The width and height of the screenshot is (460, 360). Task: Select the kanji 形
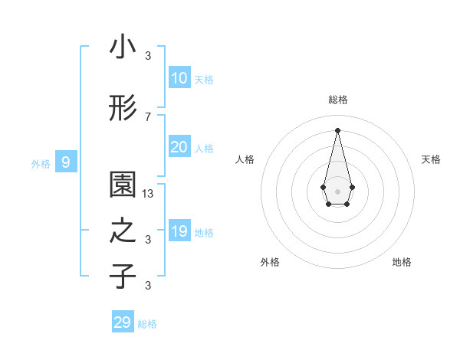click(x=123, y=109)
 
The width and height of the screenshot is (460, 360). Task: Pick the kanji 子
click(x=123, y=276)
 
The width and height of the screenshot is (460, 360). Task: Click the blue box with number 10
click(x=179, y=78)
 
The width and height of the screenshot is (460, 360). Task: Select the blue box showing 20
click(x=179, y=147)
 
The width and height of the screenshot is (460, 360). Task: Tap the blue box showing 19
click(x=179, y=231)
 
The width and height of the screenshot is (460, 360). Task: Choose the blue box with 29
click(x=123, y=322)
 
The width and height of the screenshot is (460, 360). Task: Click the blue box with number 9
click(x=66, y=162)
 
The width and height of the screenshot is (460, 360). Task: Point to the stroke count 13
click(x=148, y=194)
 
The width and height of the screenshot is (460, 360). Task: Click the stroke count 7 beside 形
click(x=148, y=116)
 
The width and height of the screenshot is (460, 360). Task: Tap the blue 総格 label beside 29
click(x=147, y=323)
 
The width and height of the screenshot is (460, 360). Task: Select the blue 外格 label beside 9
click(x=40, y=163)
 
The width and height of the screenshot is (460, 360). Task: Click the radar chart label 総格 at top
click(x=337, y=100)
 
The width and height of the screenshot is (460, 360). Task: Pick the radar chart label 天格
click(x=431, y=159)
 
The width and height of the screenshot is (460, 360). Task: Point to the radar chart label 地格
click(x=402, y=262)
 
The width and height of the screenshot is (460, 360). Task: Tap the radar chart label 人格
click(x=245, y=159)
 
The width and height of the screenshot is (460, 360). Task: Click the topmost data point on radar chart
click(x=337, y=129)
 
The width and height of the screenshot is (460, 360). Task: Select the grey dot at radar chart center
click(x=337, y=191)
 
